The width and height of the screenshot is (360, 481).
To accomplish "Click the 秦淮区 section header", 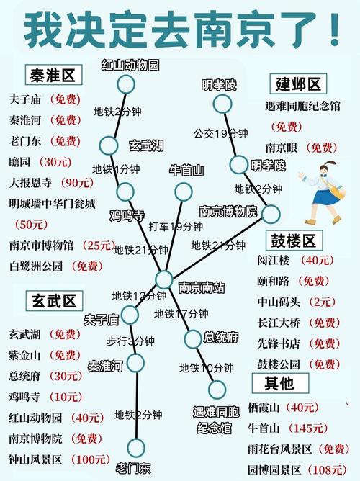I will click(x=53, y=74).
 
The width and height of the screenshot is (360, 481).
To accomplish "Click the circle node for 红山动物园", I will click(x=126, y=84).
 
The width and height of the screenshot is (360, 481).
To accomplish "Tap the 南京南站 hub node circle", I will click(x=164, y=279).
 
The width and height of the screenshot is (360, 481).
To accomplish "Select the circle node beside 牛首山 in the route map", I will click(x=184, y=191).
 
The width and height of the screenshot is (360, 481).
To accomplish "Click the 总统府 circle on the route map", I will click(x=193, y=338).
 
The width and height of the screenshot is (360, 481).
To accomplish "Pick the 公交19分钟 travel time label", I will click(x=221, y=133).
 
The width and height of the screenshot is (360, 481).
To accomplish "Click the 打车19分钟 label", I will click(x=176, y=228).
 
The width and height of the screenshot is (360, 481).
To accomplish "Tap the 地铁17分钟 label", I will click(x=181, y=314).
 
